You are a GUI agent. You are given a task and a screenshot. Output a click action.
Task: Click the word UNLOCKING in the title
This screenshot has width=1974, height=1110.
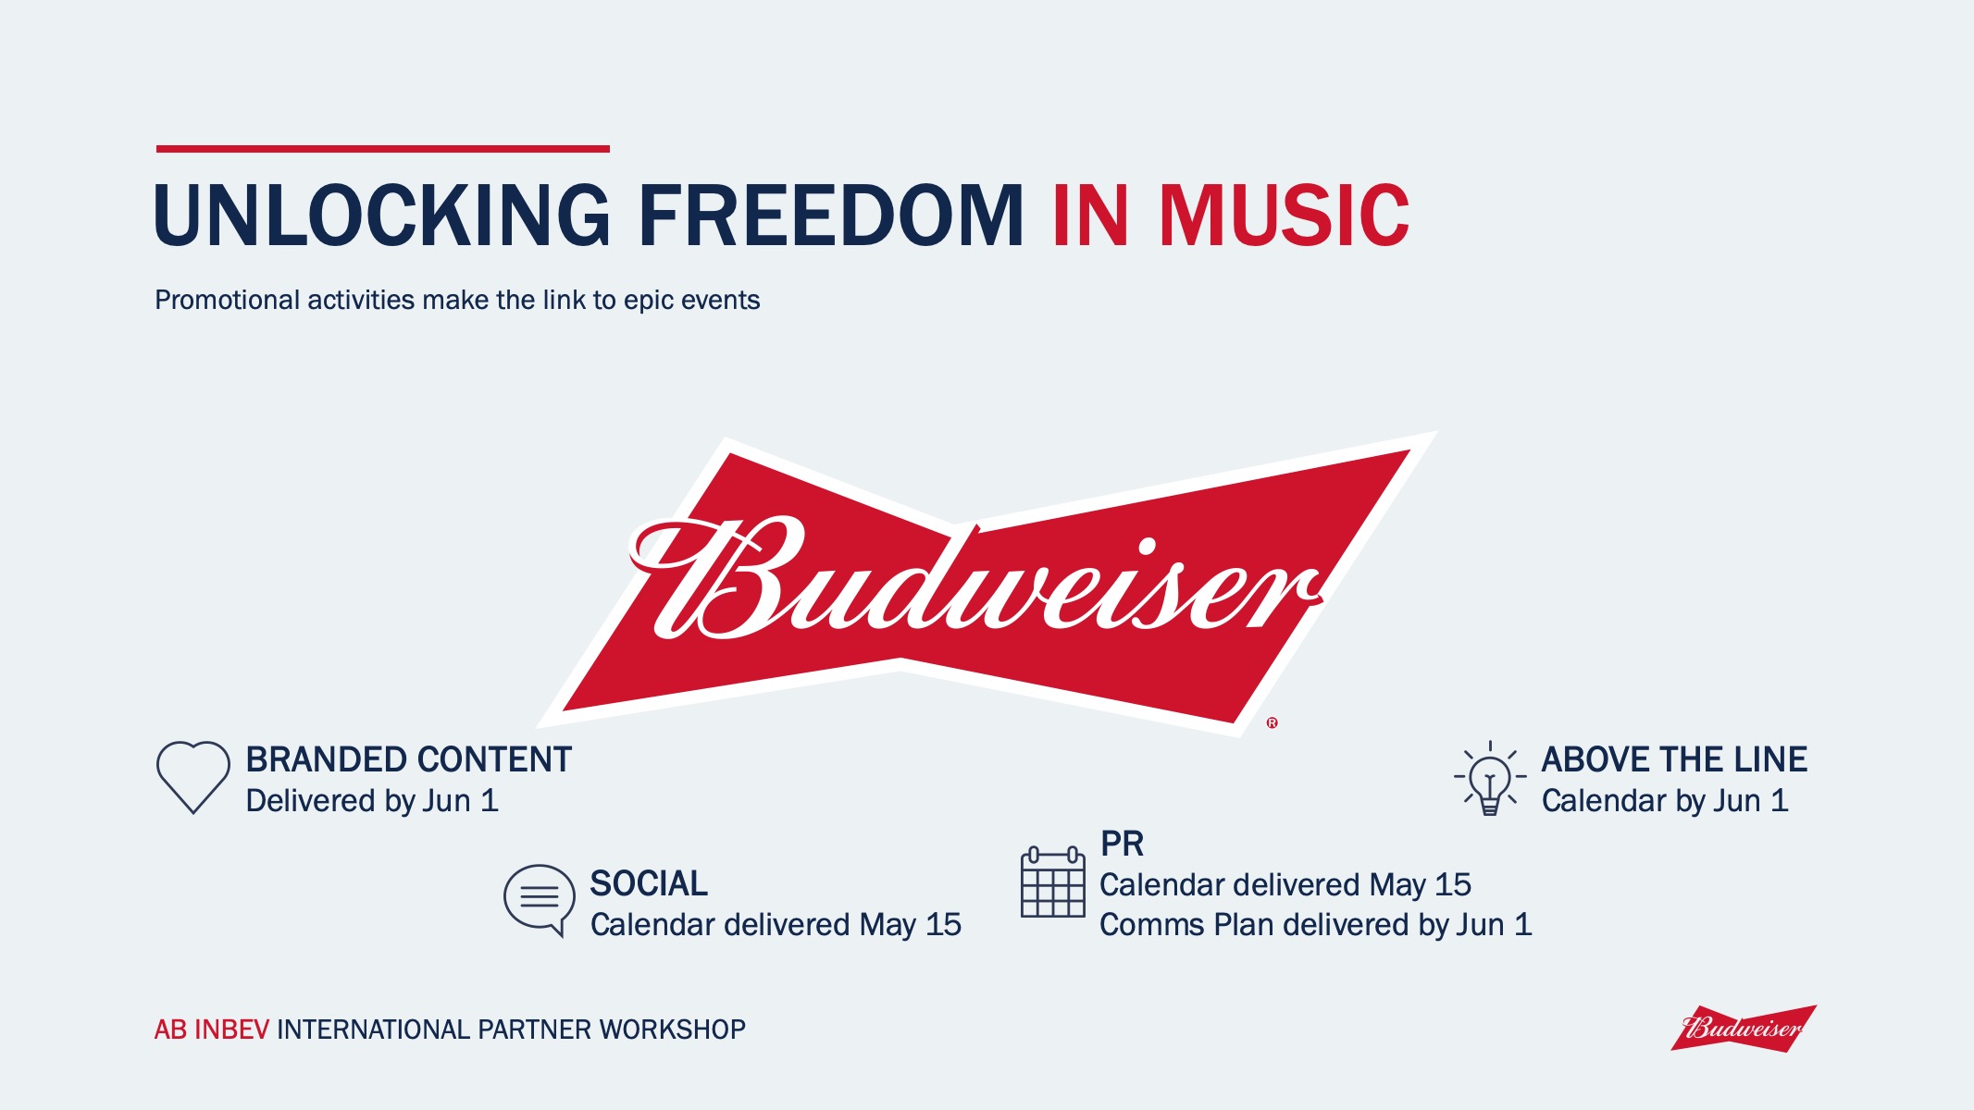pyautogui.click(x=382, y=216)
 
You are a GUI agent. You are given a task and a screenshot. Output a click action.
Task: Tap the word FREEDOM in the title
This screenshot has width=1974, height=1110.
pyautogui.click(x=831, y=216)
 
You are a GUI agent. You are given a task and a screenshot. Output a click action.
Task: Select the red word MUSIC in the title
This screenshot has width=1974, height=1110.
pyautogui.click(x=1285, y=216)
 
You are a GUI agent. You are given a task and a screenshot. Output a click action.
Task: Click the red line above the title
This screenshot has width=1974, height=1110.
pyautogui.click(x=383, y=148)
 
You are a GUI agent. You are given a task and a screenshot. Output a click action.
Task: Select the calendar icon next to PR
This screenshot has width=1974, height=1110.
pyautogui.click(x=1052, y=882)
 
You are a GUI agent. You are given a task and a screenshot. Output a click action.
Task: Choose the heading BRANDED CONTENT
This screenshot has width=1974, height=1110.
pyautogui.click(x=408, y=759)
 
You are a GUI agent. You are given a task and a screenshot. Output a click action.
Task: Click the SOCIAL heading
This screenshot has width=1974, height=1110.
pyautogui.click(x=649, y=883)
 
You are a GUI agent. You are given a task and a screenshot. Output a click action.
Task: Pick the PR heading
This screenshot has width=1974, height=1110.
pyautogui.click(x=1122, y=844)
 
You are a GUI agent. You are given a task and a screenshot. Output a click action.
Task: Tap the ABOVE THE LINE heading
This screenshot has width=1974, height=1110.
pyautogui.click(x=1674, y=759)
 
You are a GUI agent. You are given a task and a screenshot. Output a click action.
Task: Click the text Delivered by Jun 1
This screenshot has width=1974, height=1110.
pyautogui.click(x=372, y=800)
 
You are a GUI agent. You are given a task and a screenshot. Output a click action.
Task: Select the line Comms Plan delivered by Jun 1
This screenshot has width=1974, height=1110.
pyautogui.click(x=1315, y=924)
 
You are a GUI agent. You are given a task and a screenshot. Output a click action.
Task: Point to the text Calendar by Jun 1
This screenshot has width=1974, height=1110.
pyautogui.click(x=1665, y=800)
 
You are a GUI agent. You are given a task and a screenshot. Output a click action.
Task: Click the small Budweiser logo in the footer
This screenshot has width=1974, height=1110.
pyautogui.click(x=1744, y=1028)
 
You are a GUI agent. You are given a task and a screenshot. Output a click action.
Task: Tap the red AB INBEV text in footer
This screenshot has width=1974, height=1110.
pyautogui.click(x=211, y=1030)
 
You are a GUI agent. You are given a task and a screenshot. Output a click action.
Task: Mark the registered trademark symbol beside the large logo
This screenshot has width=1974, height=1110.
pyautogui.click(x=1273, y=722)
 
